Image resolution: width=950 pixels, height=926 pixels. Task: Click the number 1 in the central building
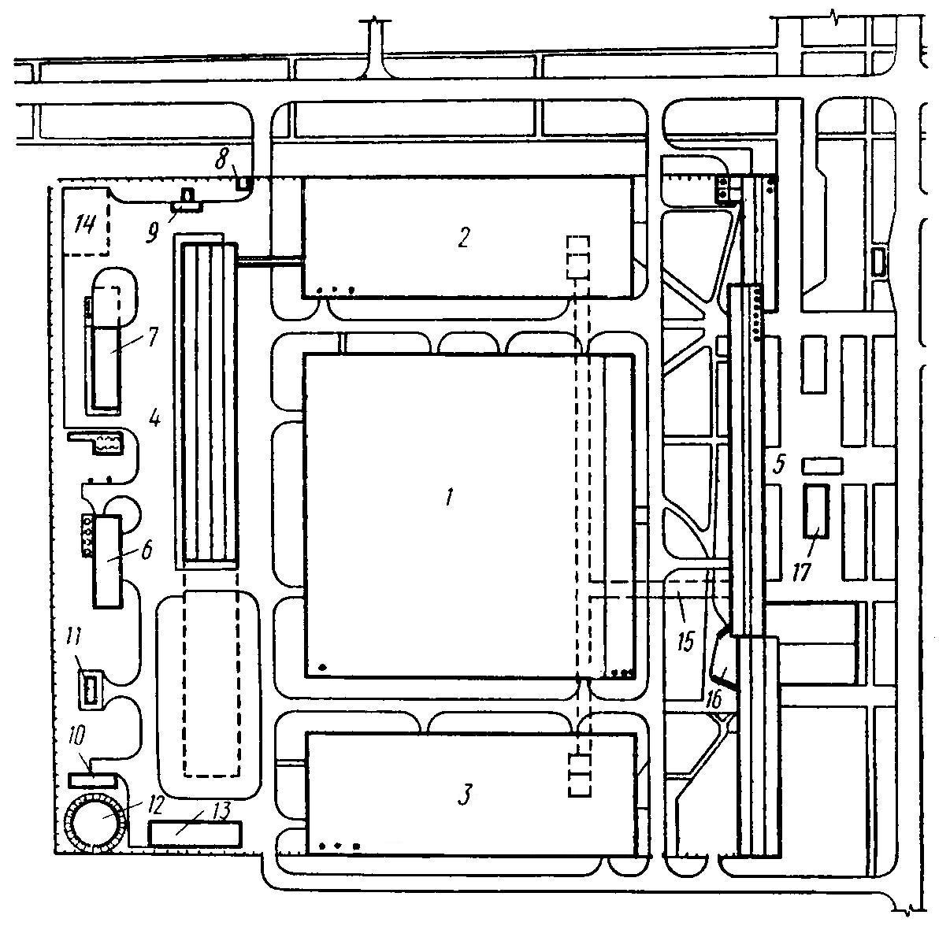point(449,498)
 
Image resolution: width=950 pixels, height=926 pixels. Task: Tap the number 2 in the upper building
point(463,237)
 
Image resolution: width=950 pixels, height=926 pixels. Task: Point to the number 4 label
point(154,417)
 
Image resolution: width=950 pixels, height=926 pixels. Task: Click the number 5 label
point(779,464)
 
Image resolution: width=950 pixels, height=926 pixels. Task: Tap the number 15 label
point(685,641)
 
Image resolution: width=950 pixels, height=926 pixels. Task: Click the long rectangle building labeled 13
point(195,834)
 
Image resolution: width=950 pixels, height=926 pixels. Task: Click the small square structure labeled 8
point(244,184)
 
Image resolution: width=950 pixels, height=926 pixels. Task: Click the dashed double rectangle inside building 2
point(578,257)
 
